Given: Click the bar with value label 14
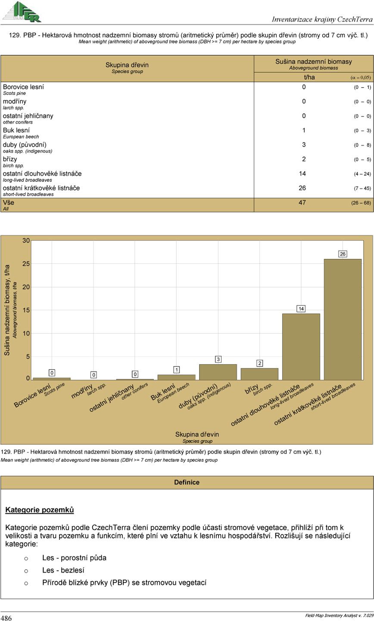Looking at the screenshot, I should coord(301,346).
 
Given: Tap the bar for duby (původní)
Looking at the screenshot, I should coord(218,372).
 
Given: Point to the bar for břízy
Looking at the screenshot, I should coord(259,374).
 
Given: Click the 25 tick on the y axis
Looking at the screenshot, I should coord(26,264).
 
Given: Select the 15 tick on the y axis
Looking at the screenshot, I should coord(26,310).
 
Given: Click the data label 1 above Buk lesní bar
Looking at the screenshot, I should coord(177,370).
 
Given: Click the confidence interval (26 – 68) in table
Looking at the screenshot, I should coord(361,203).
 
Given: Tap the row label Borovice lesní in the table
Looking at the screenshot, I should coord(23,87).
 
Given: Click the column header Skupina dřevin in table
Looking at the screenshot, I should coord(127,65).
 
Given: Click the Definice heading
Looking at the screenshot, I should coord(187,482).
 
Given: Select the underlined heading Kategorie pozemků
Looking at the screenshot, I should coord(40,511).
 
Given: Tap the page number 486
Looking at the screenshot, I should coord(6,618).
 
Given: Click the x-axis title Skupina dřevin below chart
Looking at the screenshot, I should coord(197,434).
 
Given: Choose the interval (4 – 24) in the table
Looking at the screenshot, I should coord(361,174).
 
